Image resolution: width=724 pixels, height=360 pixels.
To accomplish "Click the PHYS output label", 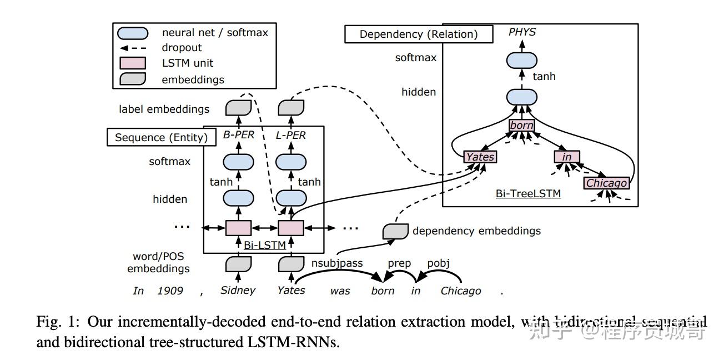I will (x=522, y=32).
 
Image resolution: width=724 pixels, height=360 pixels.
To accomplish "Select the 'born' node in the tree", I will (x=521, y=126).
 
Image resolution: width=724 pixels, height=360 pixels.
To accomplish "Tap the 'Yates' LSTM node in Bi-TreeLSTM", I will (x=480, y=157).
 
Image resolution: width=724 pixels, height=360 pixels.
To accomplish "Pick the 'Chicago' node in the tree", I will (x=606, y=183).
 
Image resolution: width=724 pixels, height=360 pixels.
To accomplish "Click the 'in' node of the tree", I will (x=566, y=157).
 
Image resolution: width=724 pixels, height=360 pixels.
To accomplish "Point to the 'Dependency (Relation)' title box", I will (x=419, y=34).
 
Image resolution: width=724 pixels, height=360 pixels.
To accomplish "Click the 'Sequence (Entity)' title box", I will (x=161, y=138).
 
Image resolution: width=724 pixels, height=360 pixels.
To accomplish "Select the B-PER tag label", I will (x=238, y=135).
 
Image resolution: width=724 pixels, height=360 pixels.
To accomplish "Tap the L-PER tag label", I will (x=291, y=135).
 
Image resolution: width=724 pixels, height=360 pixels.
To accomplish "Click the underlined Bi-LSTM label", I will (x=265, y=244).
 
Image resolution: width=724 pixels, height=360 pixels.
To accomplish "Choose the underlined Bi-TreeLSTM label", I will (x=527, y=194).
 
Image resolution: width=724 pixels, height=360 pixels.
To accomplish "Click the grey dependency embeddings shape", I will (x=395, y=231).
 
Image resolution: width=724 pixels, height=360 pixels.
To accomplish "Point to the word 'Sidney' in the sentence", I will (x=238, y=290).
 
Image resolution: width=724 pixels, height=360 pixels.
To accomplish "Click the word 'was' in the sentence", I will (x=340, y=291).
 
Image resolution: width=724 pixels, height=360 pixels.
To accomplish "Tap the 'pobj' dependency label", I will (x=438, y=263).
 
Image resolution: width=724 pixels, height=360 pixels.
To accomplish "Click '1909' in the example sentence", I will (x=170, y=291).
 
